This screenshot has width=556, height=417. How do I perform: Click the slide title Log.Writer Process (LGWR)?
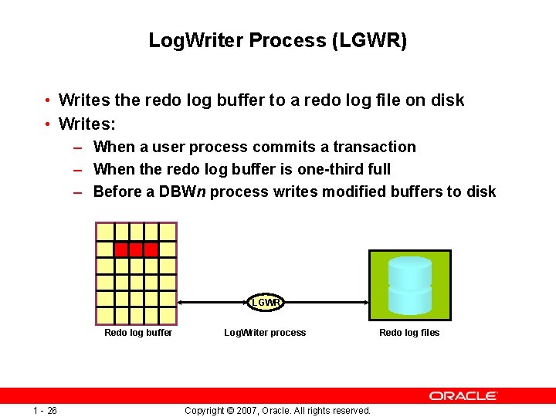coord(278,40)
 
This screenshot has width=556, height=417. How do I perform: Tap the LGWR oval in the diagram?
coord(266,303)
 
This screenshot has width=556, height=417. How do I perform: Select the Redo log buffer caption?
coord(138,333)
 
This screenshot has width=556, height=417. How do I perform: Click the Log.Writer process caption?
coord(265,333)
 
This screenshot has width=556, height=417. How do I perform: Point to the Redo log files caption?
coord(409,333)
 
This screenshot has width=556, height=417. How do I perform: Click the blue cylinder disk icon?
coord(409,285)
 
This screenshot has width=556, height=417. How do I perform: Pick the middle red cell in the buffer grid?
coord(136,249)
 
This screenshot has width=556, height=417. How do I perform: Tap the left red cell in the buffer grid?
coord(121,249)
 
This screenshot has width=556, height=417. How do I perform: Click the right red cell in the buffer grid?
coord(151,249)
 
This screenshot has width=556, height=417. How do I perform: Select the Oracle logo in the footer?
coord(463,395)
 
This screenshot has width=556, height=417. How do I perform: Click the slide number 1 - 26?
coord(45,410)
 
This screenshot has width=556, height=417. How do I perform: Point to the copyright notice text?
coord(278,410)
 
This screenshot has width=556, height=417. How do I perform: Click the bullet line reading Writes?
coord(86,124)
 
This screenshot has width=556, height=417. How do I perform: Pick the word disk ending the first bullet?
coord(448,100)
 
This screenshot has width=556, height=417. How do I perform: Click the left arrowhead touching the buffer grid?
coord(181,303)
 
